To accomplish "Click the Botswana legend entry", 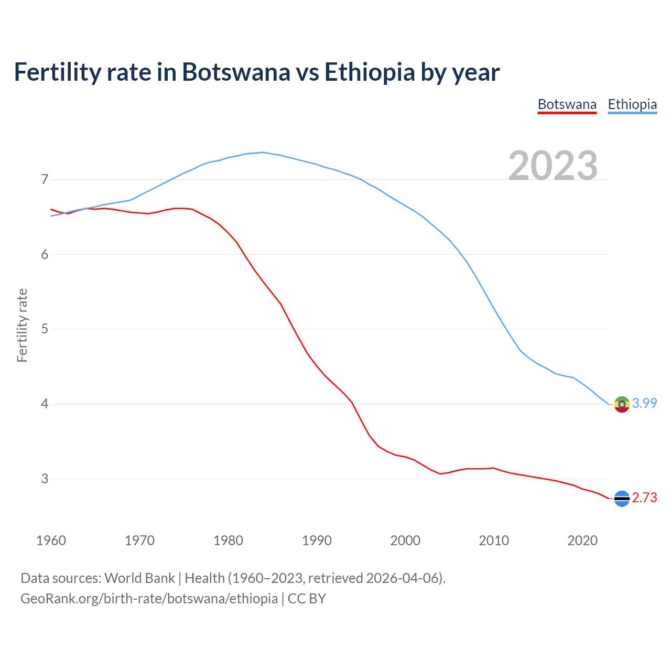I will tap(567, 104).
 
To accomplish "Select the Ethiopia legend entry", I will tap(632, 104).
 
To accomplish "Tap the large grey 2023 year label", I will tap(553, 166).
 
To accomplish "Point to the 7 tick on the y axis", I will tap(45, 180).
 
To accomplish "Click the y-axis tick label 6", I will tap(45, 255).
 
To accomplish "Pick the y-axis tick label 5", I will tap(45, 329).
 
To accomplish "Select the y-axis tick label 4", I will tap(45, 404).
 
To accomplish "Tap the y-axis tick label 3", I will tap(45, 479).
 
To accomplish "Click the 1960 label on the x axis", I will tap(51, 540).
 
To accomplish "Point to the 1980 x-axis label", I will tap(228, 540).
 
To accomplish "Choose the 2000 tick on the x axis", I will tap(405, 540).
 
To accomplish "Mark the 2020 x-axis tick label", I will tap(582, 540).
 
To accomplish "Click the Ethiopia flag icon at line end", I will tap(622, 404).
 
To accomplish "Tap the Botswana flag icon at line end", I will tap(622, 499).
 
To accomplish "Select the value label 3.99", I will tap(644, 403).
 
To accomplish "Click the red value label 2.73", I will tap(644, 497).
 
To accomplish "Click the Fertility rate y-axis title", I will tap(22, 325).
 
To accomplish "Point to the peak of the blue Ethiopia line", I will tap(263, 153).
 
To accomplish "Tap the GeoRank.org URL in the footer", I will tap(149, 598).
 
